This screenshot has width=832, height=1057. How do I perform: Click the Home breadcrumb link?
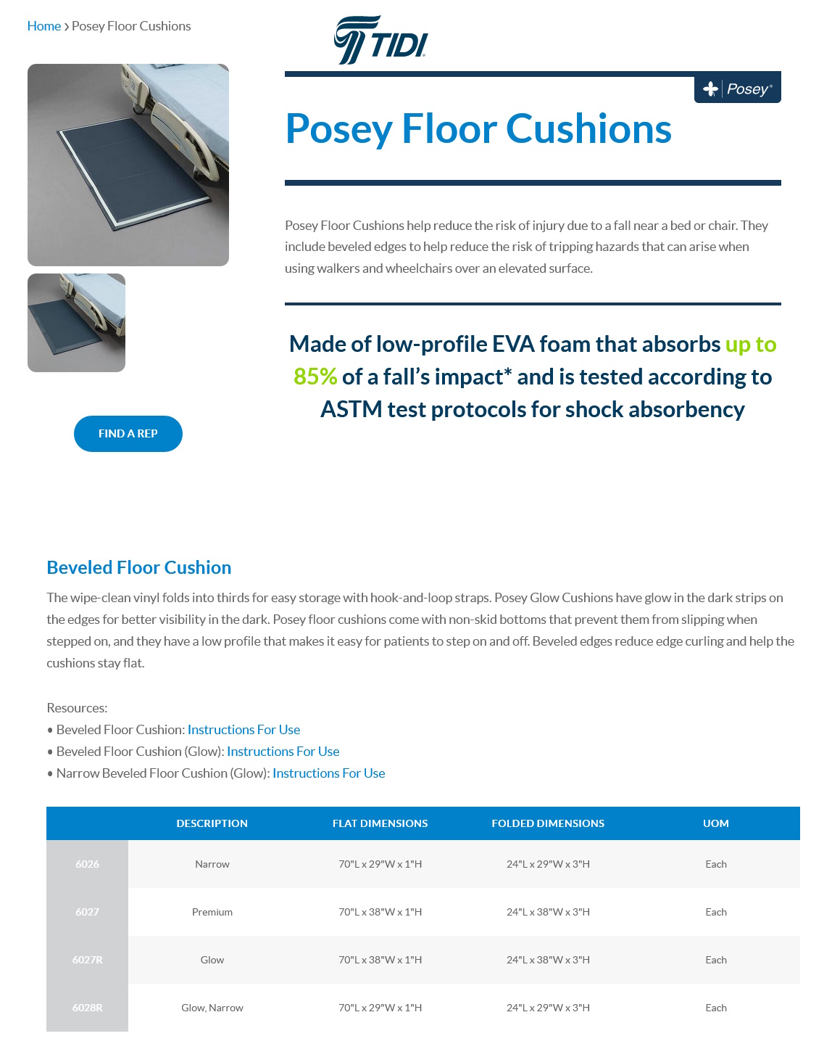click(x=43, y=26)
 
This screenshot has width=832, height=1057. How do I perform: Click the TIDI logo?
click(x=380, y=41)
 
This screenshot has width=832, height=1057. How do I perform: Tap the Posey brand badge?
click(x=737, y=89)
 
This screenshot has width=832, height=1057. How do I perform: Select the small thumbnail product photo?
click(x=76, y=323)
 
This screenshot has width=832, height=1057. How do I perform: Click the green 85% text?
click(x=315, y=377)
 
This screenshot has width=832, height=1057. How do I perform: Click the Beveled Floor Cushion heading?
click(x=138, y=567)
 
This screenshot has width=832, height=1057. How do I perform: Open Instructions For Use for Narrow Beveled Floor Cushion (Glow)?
click(x=328, y=773)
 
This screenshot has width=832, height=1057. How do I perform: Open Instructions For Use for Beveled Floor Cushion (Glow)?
click(x=283, y=752)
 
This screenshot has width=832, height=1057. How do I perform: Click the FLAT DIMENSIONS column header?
click(x=380, y=823)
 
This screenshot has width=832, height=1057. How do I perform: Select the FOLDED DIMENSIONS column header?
click(x=548, y=823)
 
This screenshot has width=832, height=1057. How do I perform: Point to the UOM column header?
click(x=715, y=823)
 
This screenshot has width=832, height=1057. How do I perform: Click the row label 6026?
click(x=87, y=864)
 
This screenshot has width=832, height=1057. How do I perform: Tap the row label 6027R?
click(x=87, y=960)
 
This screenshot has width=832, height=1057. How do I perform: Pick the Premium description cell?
click(x=212, y=912)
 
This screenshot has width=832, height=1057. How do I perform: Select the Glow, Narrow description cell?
click(x=212, y=1008)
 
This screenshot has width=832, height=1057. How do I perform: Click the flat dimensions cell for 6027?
click(x=380, y=912)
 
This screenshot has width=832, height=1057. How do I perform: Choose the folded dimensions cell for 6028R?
click(x=548, y=1008)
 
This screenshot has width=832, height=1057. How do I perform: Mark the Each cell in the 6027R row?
click(x=715, y=960)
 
